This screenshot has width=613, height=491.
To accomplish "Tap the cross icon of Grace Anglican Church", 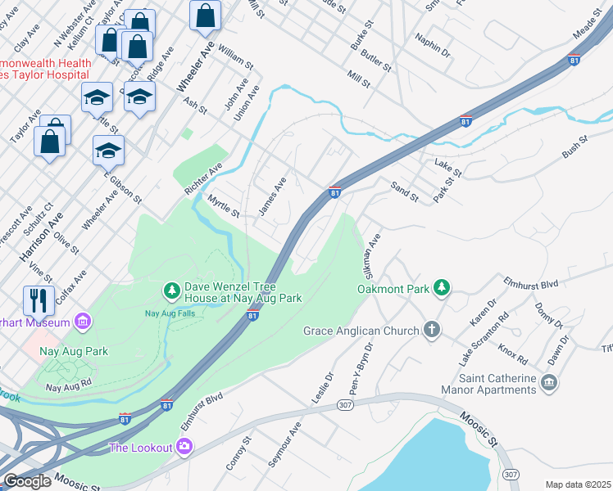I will (x=431, y=331).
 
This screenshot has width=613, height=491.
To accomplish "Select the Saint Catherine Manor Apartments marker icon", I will (x=549, y=382).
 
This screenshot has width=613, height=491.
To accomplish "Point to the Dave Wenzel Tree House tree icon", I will (x=172, y=291).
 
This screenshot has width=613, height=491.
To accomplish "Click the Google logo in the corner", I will (x=27, y=481).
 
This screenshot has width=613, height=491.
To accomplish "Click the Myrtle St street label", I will (x=223, y=206).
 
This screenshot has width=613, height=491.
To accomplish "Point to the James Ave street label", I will (x=272, y=197).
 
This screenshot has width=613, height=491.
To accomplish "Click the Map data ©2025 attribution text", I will (x=579, y=484).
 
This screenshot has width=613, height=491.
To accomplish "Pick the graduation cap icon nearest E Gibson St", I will (x=108, y=151).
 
